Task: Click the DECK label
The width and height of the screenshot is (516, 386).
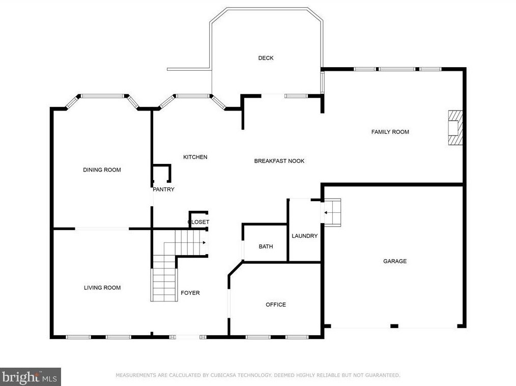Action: click(266, 58)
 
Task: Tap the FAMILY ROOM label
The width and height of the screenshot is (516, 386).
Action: click(390, 132)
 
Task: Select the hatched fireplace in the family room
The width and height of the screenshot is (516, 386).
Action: click(455, 127)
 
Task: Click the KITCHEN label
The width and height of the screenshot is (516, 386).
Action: click(195, 157)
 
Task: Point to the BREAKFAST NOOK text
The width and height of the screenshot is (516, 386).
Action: click(279, 161)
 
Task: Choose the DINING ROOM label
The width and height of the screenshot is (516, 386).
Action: click(102, 170)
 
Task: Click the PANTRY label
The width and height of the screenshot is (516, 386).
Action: click(163, 189)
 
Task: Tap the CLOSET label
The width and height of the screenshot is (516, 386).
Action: click(198, 222)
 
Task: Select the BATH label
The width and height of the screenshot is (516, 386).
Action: click(266, 246)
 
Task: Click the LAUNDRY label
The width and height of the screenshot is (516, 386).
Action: click(304, 236)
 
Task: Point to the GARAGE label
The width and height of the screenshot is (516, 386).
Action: click(394, 261)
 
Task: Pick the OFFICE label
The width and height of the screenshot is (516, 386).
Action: click(276, 305)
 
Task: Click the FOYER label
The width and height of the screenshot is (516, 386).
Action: click(190, 293)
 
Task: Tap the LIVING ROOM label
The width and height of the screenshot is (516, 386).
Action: click(102, 288)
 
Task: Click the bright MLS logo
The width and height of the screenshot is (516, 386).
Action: click(30, 377)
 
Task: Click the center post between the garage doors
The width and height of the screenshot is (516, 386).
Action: click(394, 326)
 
